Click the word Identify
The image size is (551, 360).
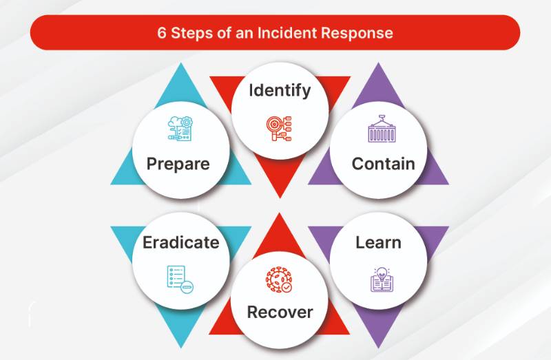[x=280, y=91]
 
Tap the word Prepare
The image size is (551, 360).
[x=178, y=164]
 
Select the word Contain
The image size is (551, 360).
[x=384, y=164]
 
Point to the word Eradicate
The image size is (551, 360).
[x=181, y=242]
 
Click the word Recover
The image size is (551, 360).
[x=280, y=313]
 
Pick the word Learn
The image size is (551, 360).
[x=378, y=242]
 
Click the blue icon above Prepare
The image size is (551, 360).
[x=180, y=129]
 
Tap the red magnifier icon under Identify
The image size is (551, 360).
[x=279, y=129]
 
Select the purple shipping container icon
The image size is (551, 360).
[x=382, y=129]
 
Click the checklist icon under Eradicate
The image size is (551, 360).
[x=180, y=279]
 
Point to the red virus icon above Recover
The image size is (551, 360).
[x=279, y=279]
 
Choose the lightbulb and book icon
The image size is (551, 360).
[x=382, y=279]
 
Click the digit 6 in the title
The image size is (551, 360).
[x=161, y=33]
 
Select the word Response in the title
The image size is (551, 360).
[x=357, y=33]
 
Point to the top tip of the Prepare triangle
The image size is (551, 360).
[x=181, y=63]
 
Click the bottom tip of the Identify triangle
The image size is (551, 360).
[x=280, y=198]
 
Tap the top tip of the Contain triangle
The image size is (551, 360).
[x=378, y=63]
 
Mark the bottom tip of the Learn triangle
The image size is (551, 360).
[x=378, y=348]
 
